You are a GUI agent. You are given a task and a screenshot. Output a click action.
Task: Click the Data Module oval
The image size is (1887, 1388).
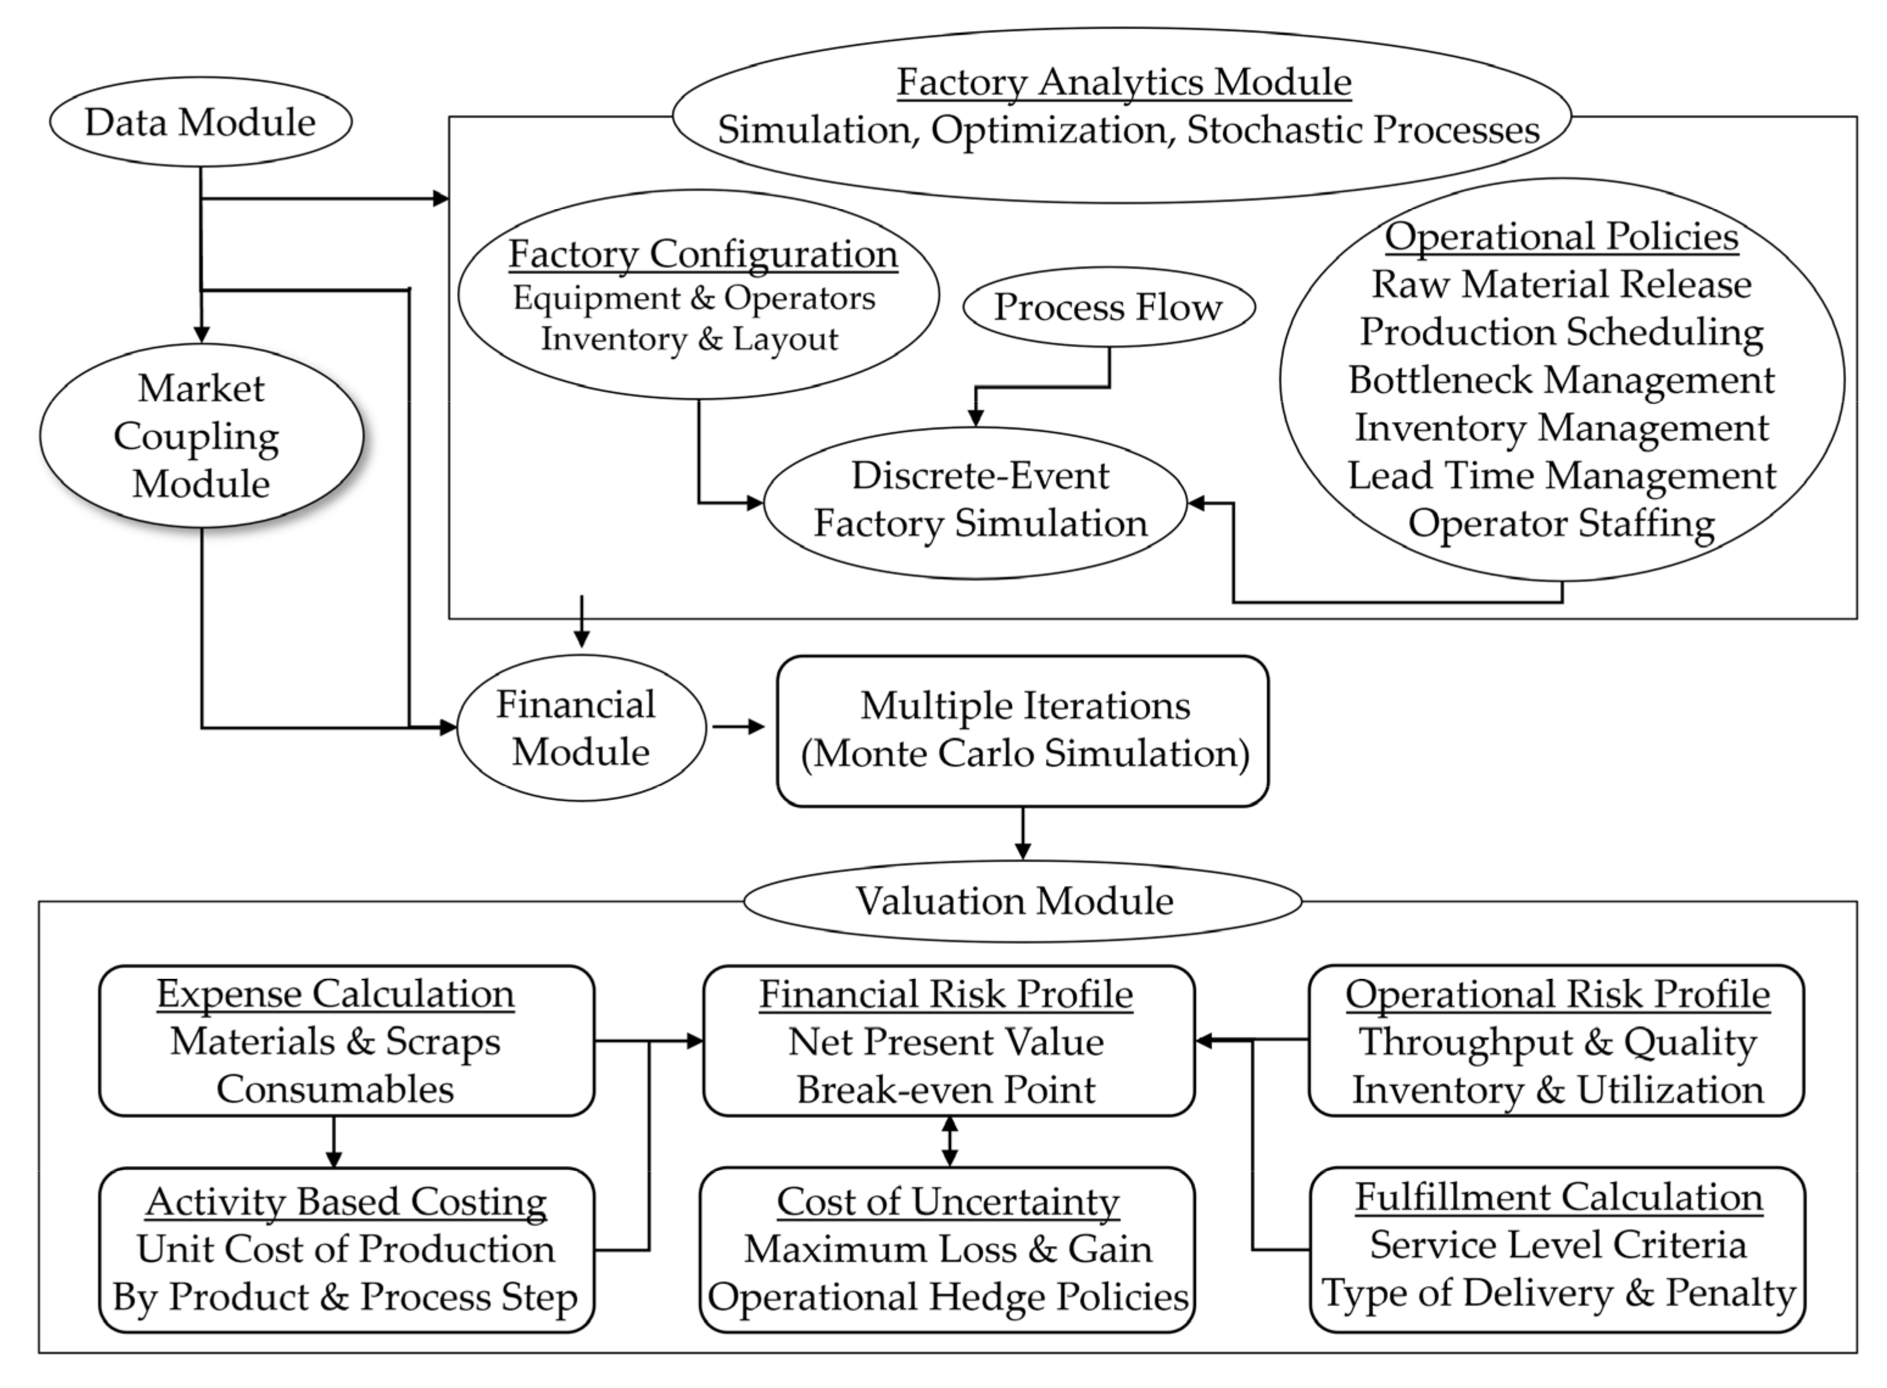[x=200, y=123]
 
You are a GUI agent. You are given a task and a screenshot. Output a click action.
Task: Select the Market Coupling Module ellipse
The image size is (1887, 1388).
[x=201, y=436]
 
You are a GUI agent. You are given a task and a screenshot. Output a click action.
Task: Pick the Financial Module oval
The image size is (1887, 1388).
[x=580, y=728]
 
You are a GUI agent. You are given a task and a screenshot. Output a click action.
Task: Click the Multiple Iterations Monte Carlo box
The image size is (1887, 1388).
[x=1023, y=729]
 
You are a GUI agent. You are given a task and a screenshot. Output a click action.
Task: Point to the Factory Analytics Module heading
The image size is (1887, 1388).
[x=1124, y=82]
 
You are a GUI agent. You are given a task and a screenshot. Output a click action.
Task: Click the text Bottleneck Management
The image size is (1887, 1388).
[x=1560, y=380]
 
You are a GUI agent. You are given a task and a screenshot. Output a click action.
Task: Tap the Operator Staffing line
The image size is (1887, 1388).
[x=1560, y=523]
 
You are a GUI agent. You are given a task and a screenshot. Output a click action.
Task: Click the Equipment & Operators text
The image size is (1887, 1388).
[x=694, y=298]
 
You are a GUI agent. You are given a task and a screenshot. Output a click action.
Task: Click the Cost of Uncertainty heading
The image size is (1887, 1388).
[x=947, y=1201]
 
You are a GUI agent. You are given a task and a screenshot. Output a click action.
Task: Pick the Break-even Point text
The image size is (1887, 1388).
[x=947, y=1090]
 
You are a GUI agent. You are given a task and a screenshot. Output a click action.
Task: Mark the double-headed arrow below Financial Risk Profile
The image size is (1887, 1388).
[x=950, y=1141]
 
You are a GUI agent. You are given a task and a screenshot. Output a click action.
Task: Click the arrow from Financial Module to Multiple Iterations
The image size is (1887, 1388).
[x=737, y=727]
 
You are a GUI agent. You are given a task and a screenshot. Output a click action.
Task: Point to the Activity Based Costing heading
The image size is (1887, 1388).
[x=346, y=1201]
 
